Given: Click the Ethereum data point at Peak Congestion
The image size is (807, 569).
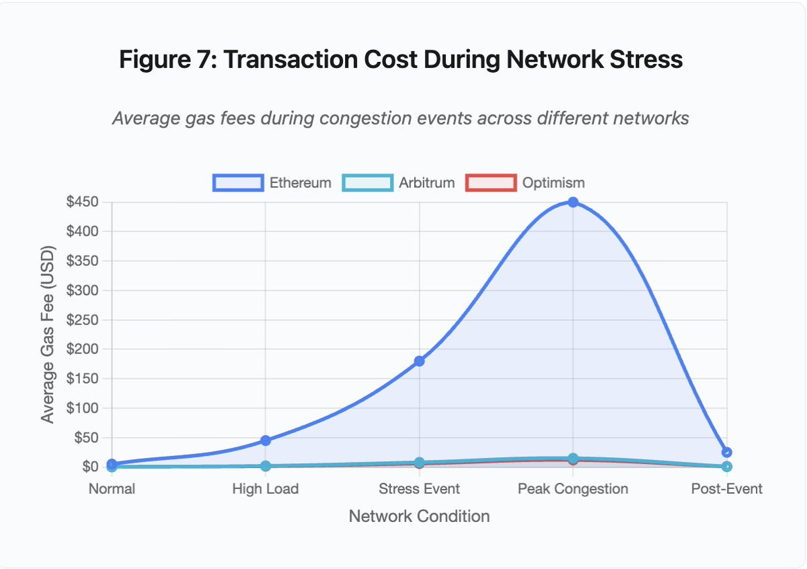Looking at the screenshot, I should pos(573,202).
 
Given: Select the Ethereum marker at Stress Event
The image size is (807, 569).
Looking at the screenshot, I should pos(420,361).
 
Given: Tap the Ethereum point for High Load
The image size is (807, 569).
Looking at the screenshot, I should pos(266,440).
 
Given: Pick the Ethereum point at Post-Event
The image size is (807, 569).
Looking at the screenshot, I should pos(726,453).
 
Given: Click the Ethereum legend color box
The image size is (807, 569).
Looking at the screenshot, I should pos(238,182).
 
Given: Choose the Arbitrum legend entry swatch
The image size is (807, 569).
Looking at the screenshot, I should pos(367,182).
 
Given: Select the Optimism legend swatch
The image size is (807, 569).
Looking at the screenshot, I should pos(491,182).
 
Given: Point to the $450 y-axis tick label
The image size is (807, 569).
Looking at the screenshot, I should pos(82,202).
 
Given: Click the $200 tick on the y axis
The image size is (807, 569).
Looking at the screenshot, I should pos(82,349).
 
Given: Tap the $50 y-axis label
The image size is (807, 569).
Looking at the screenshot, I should pos(85,437).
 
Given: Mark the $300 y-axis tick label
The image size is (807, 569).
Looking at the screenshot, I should pos(82,290).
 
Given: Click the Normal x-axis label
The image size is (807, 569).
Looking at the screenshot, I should pos(112,489).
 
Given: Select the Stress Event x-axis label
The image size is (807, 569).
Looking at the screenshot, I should pos(420,489).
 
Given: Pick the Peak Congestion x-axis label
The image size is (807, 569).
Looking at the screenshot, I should pos(573,489).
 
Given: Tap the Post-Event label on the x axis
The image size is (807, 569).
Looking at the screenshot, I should pos(726,489).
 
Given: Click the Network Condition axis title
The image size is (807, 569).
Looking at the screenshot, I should pos(419,516).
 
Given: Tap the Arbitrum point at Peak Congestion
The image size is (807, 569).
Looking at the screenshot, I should pos(573,459).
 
